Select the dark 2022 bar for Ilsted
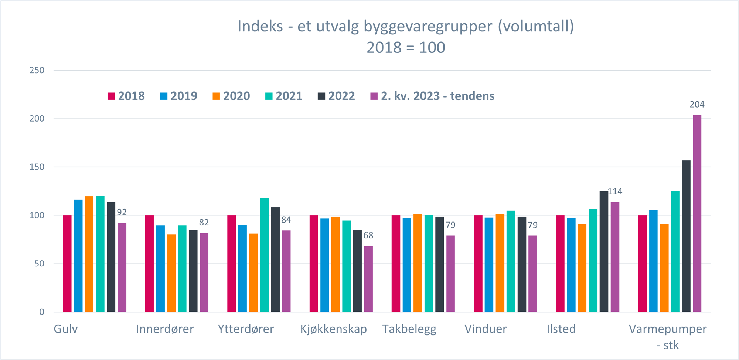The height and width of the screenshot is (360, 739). point(604,251)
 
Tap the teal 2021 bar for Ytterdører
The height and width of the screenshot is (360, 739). point(264,255)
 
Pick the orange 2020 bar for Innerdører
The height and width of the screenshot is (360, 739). point(171,273)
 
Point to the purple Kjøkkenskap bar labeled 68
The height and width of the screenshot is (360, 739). point(368,279)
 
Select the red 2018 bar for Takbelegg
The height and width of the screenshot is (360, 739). point(396,264)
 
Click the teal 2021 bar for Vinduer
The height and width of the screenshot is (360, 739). point(511,261)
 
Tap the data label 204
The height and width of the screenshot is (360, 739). point(697,105)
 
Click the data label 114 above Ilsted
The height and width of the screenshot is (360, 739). point(615,191)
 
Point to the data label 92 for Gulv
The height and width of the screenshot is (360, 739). point(122,212)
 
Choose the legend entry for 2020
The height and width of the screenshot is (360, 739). point(231,96)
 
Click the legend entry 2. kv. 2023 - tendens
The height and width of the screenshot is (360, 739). point(432,96)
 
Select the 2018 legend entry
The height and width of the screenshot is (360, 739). point(126,96)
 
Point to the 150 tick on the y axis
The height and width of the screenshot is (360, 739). point(37,167)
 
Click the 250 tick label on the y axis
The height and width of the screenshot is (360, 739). point(37,70)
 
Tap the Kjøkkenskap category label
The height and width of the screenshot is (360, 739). point(333,329)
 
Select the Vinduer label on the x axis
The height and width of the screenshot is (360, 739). point(486,329)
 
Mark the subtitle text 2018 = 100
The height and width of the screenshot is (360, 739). point(406,48)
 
